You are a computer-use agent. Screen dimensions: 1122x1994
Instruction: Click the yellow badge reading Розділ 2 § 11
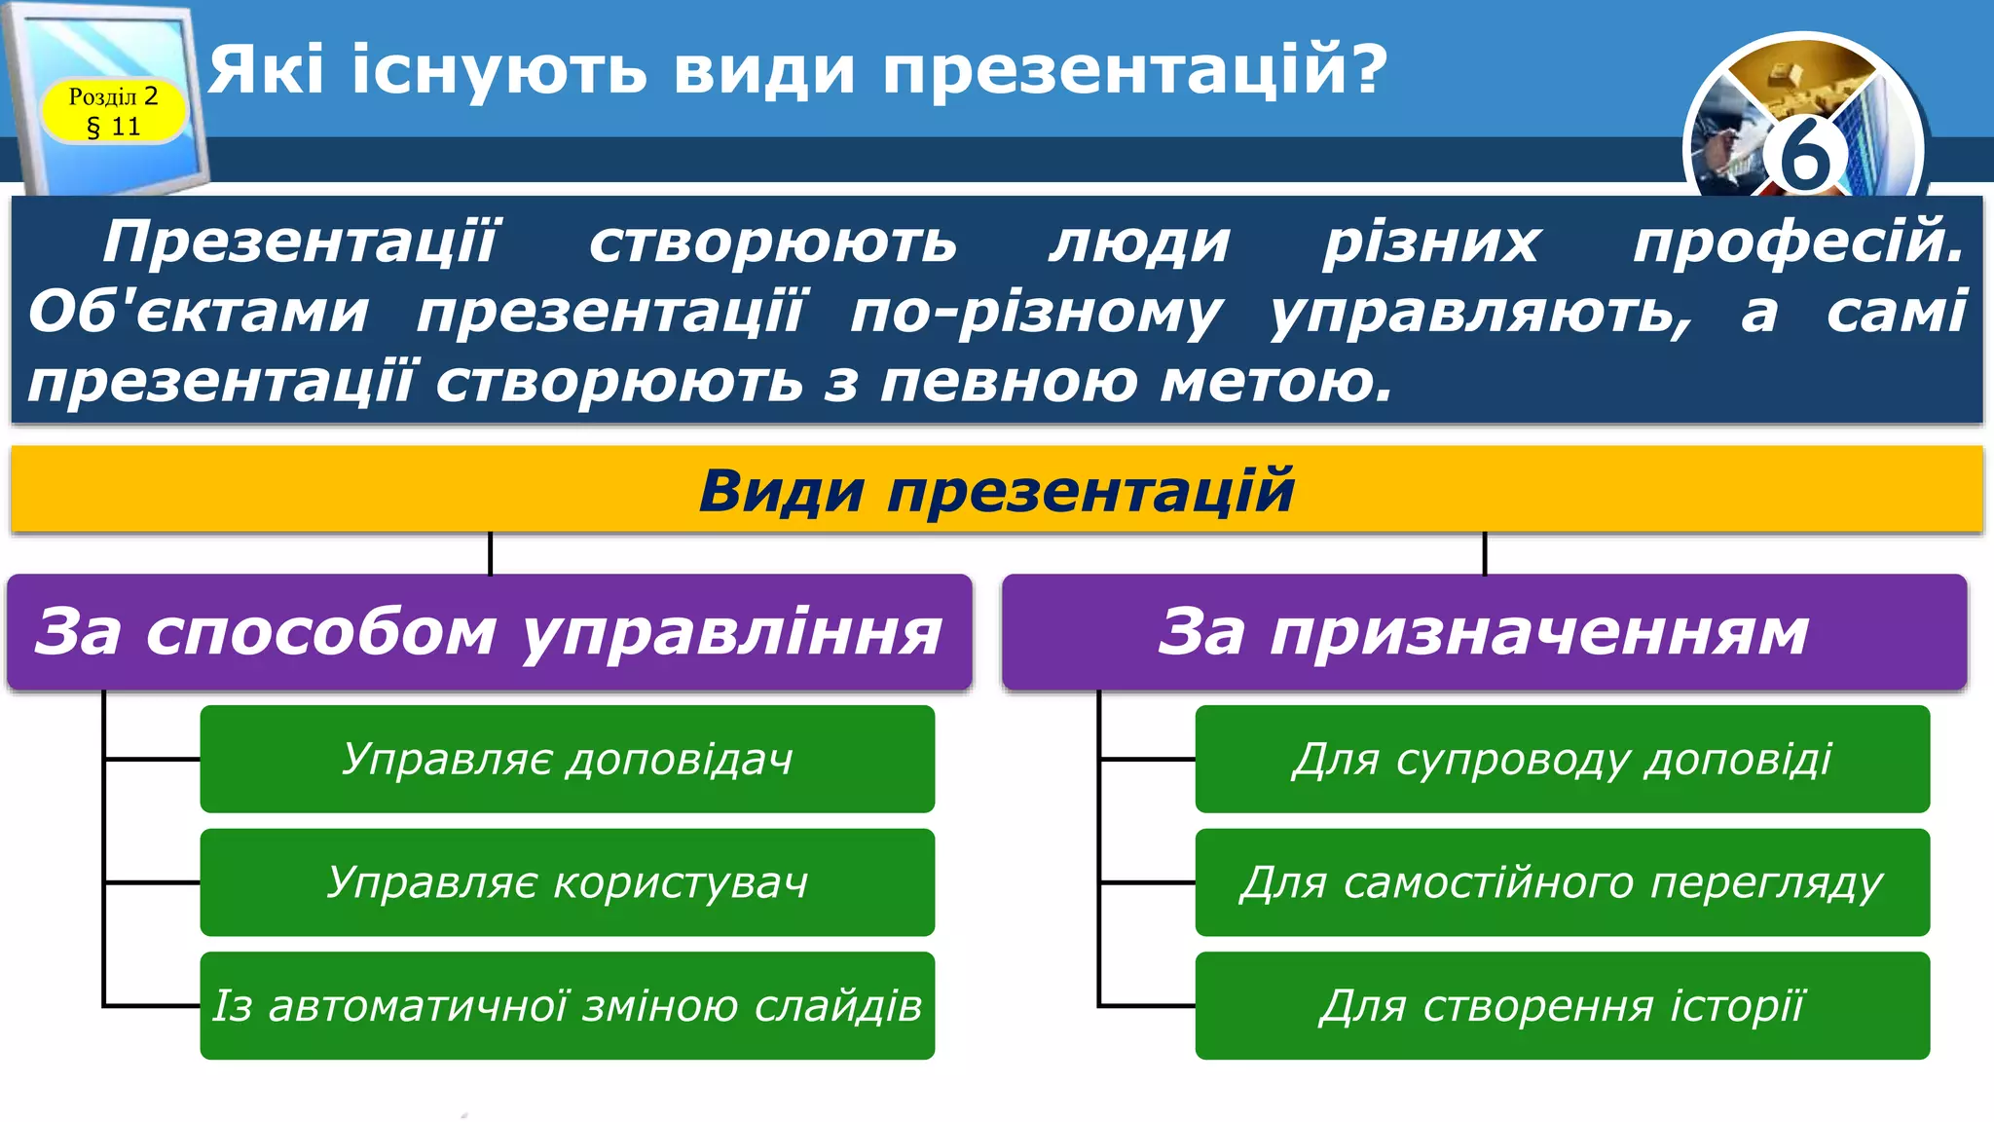coord(113,111)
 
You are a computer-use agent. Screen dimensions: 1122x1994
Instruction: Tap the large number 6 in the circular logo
coord(1804,156)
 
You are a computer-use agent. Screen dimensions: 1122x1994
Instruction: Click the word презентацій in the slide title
coord(1134,70)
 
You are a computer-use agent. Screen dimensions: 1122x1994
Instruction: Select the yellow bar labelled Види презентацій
coord(996,490)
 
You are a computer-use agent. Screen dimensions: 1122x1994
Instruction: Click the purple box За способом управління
coord(489,632)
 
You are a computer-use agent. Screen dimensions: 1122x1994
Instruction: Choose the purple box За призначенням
coord(1484,632)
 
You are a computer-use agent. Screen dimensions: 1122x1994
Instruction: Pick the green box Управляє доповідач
coord(567,759)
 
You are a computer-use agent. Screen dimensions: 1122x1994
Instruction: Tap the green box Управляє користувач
coord(567,882)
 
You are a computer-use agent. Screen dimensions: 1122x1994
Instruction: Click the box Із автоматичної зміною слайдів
coord(567,1005)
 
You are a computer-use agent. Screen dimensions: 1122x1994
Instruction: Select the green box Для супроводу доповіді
coord(1562,759)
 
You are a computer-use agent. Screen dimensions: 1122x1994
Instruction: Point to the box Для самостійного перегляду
coord(1562,882)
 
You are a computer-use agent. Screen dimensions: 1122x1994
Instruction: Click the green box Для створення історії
coord(1562,1005)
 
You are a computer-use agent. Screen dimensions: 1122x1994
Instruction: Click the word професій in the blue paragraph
coord(1797,243)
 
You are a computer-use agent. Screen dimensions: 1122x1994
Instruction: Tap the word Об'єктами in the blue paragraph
coord(199,313)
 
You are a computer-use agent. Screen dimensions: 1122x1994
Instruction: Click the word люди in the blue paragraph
coord(1140,243)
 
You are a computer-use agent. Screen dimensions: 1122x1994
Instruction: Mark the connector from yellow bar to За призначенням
coord(1485,553)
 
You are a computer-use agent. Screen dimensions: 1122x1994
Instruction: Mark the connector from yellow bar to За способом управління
coord(490,553)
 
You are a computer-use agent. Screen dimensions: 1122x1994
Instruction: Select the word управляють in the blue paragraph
coord(1480,313)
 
